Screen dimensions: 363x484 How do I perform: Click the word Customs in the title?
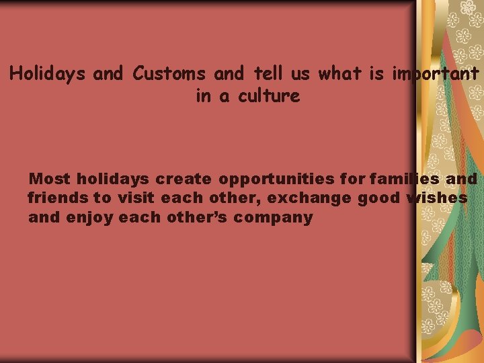point(170,73)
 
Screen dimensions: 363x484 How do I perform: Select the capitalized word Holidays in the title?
point(48,73)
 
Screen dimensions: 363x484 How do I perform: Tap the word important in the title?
point(436,73)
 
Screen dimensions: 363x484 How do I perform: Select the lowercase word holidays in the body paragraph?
point(112,179)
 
